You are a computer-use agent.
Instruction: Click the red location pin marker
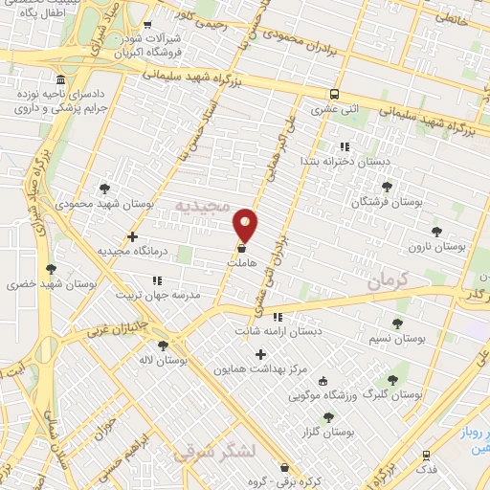[x=246, y=225]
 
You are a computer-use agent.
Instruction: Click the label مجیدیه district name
[x=202, y=207]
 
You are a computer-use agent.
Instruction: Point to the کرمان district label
[x=387, y=279]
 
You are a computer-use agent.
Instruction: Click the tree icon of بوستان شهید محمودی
[x=104, y=189]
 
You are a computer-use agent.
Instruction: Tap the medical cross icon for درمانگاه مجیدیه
[x=132, y=236]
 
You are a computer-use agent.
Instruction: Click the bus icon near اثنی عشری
[x=334, y=95]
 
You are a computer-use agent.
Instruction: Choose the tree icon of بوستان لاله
[x=164, y=345]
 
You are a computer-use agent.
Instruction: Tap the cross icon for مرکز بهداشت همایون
[x=259, y=354]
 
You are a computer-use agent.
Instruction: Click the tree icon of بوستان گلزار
[x=329, y=417]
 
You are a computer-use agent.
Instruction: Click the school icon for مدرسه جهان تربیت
[x=157, y=280]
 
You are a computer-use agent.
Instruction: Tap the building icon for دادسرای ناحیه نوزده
[x=61, y=79]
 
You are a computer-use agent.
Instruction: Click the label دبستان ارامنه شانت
[x=278, y=331]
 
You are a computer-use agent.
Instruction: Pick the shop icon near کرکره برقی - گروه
[x=284, y=468]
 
